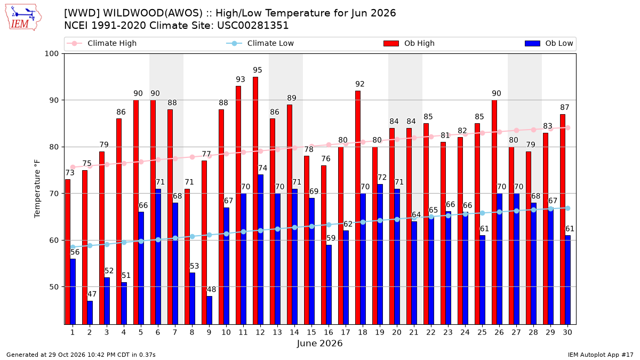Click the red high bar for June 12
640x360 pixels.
255,201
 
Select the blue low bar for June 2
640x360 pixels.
90,313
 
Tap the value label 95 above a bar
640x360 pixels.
258,70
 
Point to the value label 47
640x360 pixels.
92,294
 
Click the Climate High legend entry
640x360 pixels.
102,43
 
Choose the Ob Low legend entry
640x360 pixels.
549,43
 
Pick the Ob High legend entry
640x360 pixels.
409,43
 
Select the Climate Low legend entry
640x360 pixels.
260,43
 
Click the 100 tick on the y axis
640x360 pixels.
51,54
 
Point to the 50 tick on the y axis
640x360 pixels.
54,287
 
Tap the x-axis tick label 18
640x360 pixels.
363,332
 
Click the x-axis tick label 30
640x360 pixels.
567,332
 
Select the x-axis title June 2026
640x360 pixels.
319,343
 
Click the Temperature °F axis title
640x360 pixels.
37,189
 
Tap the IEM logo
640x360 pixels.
23,18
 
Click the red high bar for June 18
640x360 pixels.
358,207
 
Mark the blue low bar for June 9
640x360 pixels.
210,310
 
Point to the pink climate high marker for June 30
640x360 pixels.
567,127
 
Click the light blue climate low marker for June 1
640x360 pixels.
73,247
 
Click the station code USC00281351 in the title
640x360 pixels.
253,26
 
